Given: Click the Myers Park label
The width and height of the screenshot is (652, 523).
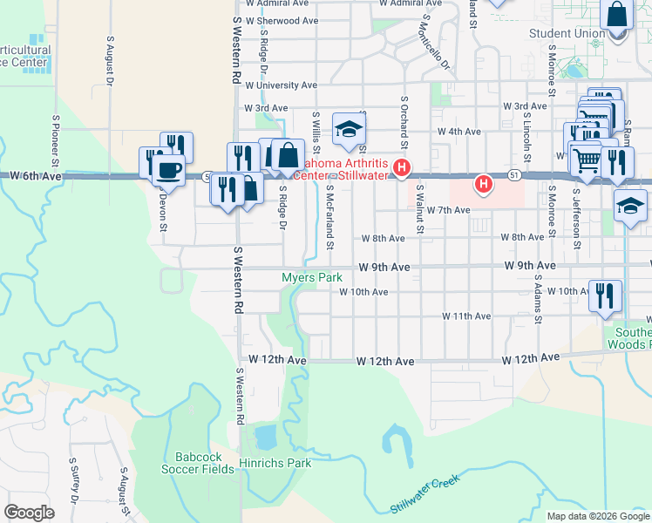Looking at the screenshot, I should (311, 277).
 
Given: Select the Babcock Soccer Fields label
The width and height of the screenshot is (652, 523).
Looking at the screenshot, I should (198, 463).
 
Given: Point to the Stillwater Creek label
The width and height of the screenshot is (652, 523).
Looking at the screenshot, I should (424, 492).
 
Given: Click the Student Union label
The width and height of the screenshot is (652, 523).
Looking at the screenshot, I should (567, 34).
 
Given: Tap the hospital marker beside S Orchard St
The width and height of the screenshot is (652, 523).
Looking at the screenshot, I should (402, 167).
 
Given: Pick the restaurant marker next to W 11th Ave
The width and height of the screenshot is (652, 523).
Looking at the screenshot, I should (603, 295).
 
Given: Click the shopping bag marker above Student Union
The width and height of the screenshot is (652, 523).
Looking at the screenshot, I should (616, 16).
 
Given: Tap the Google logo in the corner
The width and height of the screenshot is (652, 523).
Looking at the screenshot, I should (29, 513).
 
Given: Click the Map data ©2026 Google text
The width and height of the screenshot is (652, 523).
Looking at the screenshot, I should (598, 516).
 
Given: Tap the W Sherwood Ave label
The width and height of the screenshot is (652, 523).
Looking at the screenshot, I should (282, 20).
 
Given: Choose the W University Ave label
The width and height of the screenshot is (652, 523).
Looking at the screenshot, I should (281, 85).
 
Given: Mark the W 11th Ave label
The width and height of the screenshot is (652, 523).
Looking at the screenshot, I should (466, 316).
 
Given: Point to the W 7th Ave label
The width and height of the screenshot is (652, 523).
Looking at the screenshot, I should (448, 211).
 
